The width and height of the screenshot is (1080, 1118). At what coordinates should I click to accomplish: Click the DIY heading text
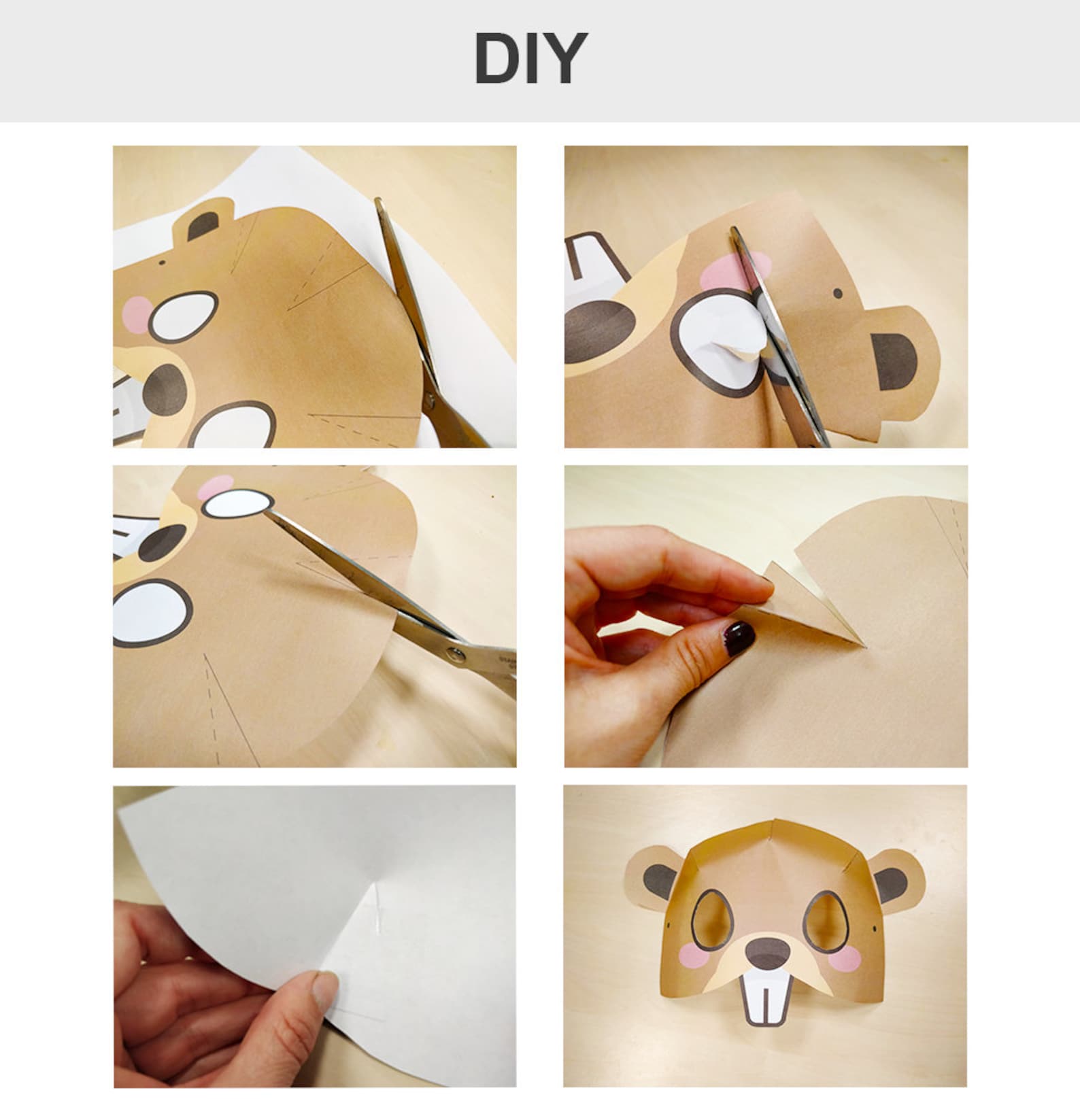(530, 58)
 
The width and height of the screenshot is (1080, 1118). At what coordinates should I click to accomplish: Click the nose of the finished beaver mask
(765, 951)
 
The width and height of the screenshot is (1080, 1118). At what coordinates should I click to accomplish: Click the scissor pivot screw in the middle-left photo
(456, 655)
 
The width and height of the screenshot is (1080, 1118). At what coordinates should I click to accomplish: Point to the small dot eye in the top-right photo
(837, 293)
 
